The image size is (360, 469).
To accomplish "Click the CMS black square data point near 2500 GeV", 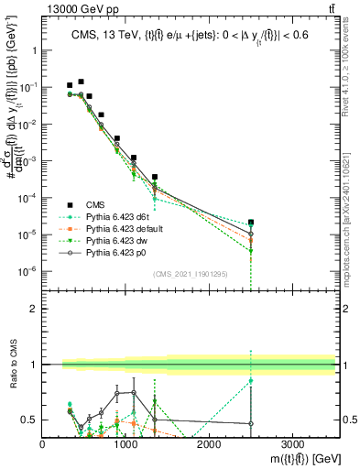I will tap(251, 222).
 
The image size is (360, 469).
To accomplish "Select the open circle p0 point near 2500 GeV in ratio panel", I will tap(251, 423).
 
